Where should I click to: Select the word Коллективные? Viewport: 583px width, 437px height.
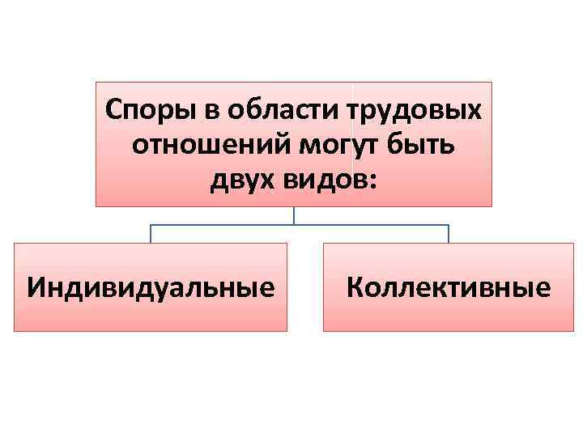tap(449, 287)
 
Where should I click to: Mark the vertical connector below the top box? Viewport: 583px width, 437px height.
tap(294, 215)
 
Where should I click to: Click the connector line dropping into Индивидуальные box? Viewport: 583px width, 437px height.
tap(150, 234)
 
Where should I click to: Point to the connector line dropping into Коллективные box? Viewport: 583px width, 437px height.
tap(449, 234)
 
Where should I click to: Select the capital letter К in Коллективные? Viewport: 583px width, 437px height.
tap(354, 287)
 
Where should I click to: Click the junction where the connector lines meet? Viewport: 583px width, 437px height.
tap(294, 224)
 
